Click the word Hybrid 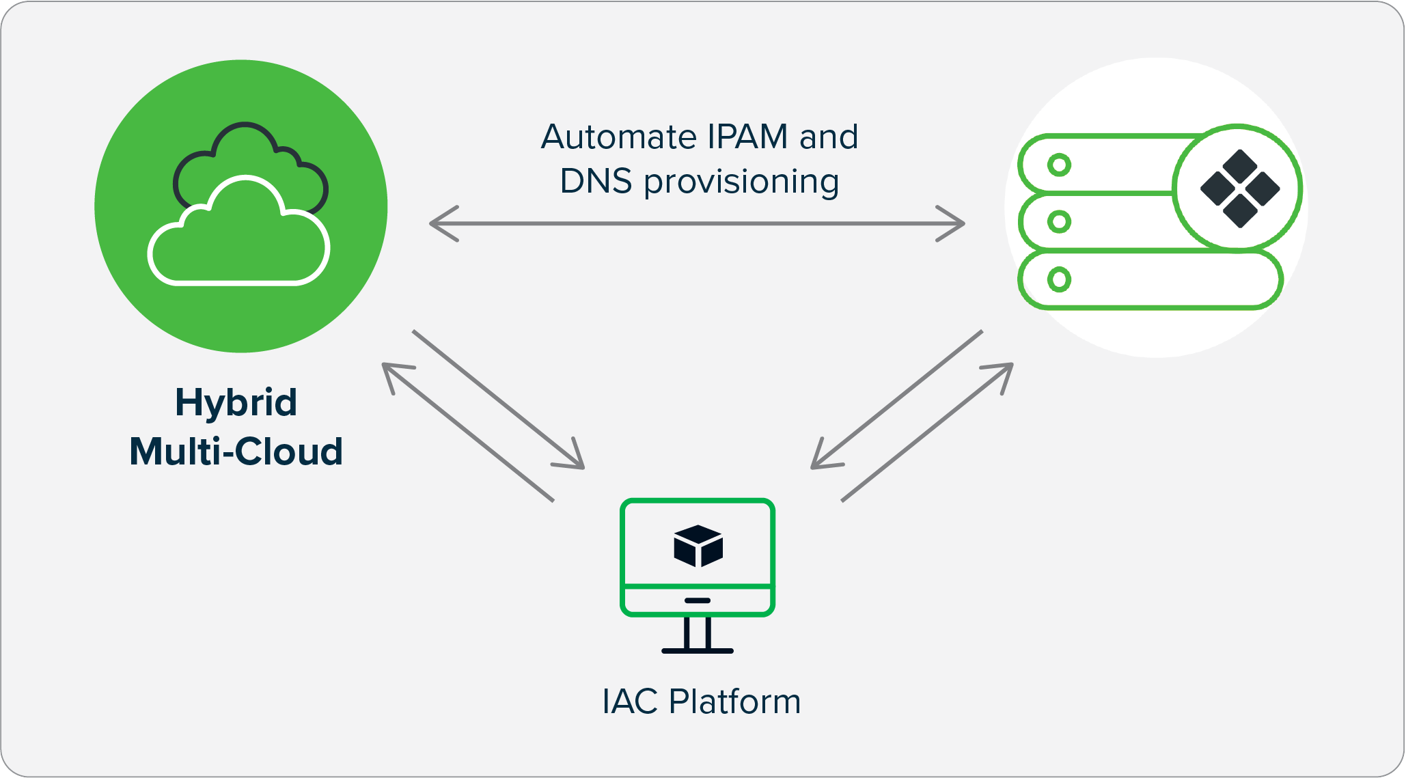click(236, 403)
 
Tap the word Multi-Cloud click(236, 451)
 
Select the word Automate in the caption click(619, 137)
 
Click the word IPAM click(748, 137)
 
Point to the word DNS click(596, 182)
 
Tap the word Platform click(734, 701)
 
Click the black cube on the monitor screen click(698, 546)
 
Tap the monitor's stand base click(698, 650)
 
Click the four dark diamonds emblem click(1239, 189)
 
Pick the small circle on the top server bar click(1059, 165)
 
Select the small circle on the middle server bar click(1059, 221)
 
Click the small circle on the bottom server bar click(1059, 279)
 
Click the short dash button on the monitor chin click(698, 600)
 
